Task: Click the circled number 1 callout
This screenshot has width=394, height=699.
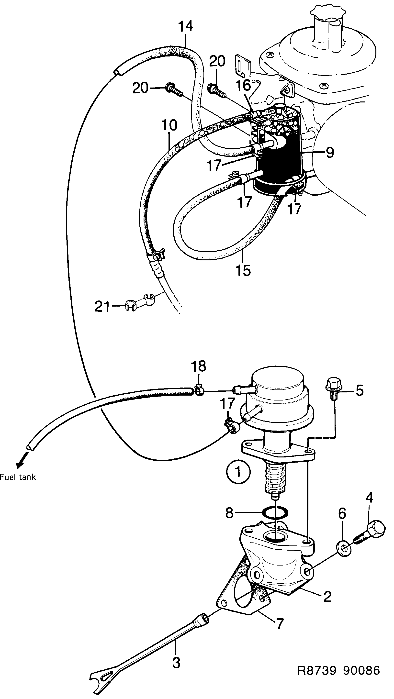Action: tap(238, 472)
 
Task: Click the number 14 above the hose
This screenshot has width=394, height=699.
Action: tap(186, 26)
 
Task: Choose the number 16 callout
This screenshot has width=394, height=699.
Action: tap(243, 86)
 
